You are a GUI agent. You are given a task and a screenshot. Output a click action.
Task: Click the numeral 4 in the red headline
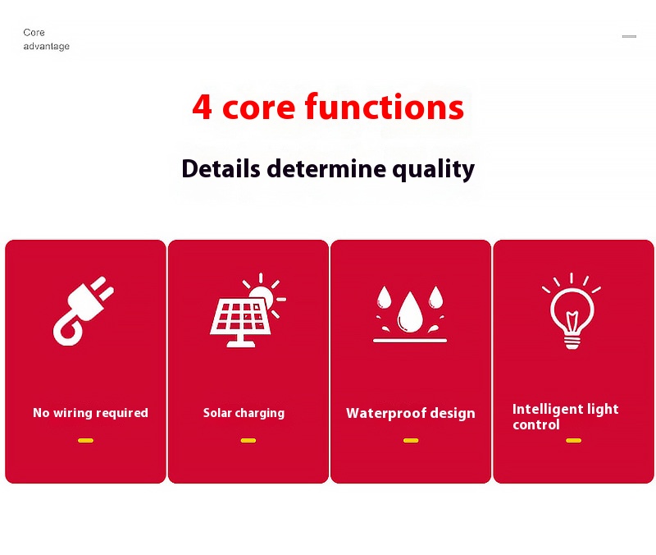pos(202,108)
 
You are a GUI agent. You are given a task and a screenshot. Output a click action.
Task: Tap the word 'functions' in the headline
pos(384,107)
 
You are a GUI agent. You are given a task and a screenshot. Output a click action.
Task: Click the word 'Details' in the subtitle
pos(221,169)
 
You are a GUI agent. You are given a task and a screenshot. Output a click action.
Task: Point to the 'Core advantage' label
pos(46,39)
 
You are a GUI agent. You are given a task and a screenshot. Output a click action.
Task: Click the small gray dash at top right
pos(629,36)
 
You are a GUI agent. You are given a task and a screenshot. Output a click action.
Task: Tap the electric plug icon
pos(84,311)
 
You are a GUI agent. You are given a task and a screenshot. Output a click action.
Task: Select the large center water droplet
pos(409,312)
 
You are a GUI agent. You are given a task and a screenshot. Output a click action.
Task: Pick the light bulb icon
pos(572,312)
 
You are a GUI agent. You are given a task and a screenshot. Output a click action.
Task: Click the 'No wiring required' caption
pos(90,413)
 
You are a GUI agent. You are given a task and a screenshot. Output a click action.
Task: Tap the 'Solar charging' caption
pos(244,414)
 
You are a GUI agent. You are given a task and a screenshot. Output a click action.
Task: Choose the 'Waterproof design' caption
pos(411,414)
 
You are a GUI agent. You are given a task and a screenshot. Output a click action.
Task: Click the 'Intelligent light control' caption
pos(565,417)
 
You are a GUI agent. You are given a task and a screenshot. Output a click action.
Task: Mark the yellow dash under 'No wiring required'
pos(86,440)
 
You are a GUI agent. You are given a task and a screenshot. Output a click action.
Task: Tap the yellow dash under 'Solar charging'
pos(248,440)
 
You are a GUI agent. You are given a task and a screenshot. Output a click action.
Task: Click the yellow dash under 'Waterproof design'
pos(411,440)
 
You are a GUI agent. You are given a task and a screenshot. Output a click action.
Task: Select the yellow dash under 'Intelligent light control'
pos(573,440)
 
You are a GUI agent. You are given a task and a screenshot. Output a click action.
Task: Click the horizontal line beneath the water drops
pos(410,341)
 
